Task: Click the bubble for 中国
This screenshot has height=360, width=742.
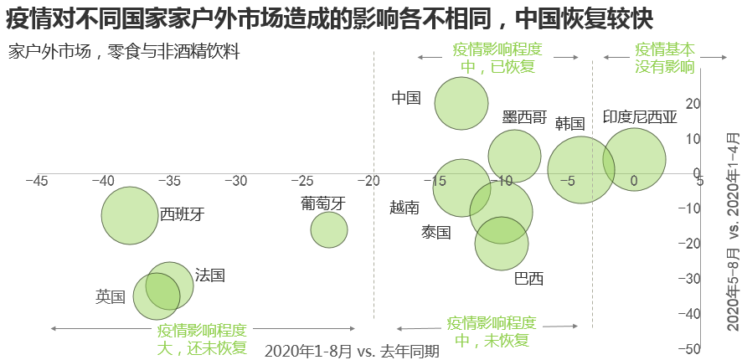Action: [461, 104]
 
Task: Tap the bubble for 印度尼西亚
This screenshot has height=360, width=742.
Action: [634, 159]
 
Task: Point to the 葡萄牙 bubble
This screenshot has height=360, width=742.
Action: [329, 229]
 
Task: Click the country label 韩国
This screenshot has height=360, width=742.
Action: [569, 124]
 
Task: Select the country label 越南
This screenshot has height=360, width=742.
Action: [404, 207]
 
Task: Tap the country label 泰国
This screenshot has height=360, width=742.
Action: [436, 232]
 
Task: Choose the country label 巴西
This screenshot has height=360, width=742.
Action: [528, 278]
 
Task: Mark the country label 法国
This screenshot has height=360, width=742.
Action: [209, 275]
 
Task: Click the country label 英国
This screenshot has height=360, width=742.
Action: [111, 296]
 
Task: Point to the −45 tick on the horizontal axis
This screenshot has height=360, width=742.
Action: [36, 181]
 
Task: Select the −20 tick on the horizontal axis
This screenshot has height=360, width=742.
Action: [368, 181]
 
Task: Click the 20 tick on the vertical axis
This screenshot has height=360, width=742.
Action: [693, 104]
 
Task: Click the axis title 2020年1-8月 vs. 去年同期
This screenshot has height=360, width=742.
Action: [352, 351]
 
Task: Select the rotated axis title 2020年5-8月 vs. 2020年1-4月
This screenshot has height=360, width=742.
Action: [733, 231]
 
